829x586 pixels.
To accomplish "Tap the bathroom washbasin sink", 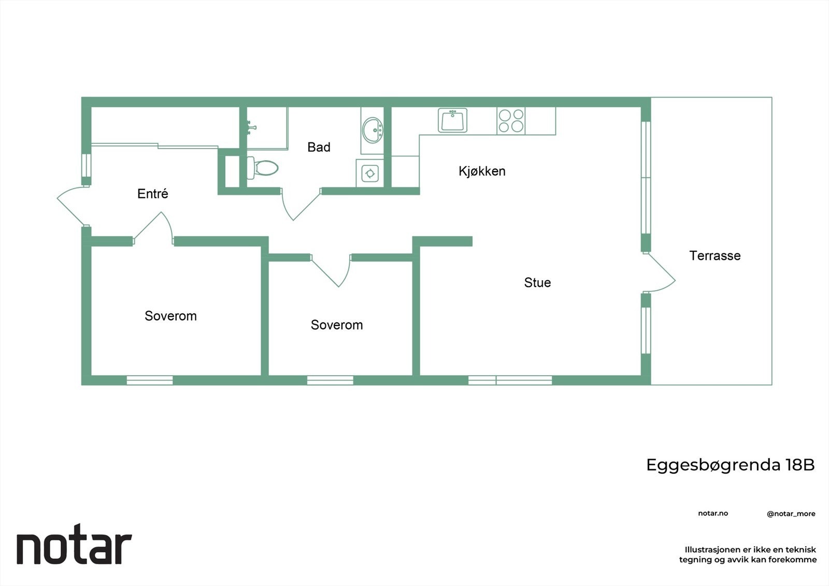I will (x=373, y=130).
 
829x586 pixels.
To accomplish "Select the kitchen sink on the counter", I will (x=452, y=120).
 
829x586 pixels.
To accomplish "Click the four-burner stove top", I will (x=511, y=121).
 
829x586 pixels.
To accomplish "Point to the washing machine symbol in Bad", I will (x=369, y=173).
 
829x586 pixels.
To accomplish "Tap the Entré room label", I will (x=152, y=194).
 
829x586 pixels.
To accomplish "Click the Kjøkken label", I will (x=481, y=171).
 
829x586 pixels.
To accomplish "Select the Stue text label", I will (x=537, y=282).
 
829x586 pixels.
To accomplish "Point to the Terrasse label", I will (x=714, y=255).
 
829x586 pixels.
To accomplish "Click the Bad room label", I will (x=319, y=147).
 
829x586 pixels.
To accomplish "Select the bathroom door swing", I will (x=301, y=205).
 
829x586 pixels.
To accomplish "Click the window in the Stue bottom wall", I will (x=510, y=380).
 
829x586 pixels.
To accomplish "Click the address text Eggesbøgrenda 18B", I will (x=730, y=465).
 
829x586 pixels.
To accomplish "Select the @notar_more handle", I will (x=791, y=513).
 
